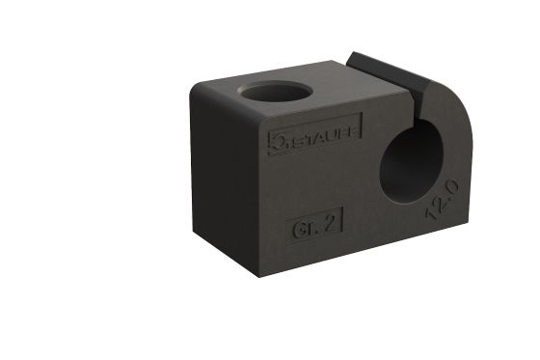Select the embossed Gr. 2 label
pyautogui.click(x=314, y=228)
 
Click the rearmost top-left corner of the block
pyautogui.click(x=196, y=85)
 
